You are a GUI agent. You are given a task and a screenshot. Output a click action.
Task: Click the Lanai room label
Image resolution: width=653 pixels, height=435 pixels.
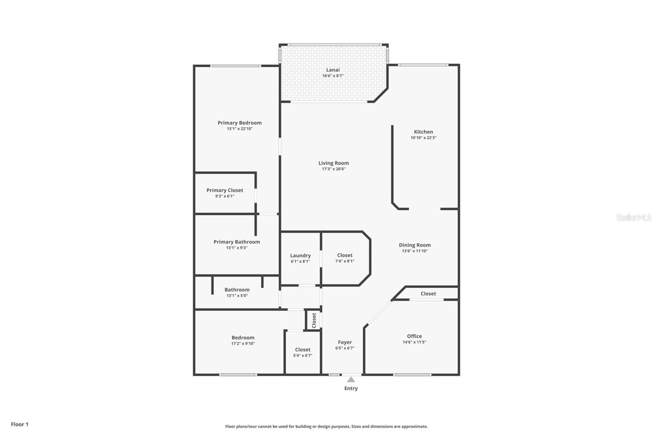(333, 70)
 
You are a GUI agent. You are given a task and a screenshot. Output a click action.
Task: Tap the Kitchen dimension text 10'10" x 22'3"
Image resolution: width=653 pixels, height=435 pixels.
(423, 138)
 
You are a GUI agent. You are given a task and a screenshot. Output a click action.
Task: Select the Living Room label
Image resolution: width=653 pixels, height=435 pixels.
(333, 163)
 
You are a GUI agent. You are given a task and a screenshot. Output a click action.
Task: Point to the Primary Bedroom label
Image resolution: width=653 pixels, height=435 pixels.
(240, 122)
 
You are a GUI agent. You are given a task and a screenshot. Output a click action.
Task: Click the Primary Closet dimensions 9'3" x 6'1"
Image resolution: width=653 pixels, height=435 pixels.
(224, 196)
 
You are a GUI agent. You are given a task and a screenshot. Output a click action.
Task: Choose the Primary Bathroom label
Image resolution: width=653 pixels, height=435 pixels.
(237, 242)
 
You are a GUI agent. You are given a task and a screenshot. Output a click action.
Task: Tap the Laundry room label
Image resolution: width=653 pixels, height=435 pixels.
(300, 255)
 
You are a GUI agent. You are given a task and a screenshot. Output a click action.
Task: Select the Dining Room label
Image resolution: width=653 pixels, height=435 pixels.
(415, 245)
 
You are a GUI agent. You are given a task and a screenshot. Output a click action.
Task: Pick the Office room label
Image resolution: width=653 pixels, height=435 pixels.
(414, 336)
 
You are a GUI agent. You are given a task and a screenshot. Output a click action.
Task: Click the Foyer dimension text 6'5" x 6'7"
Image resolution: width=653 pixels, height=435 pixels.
(345, 348)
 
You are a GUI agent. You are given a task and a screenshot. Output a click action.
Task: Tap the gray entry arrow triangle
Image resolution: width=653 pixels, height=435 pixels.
(351, 380)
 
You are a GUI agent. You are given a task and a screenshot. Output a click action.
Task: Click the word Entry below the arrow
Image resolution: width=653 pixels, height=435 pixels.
(351, 388)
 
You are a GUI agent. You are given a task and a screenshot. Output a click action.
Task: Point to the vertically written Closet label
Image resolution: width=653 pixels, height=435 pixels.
(314, 320)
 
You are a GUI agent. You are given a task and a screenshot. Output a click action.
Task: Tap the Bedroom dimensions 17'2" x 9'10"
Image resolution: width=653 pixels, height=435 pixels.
(243, 344)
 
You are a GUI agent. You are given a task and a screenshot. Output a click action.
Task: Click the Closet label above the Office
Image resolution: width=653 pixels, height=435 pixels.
(428, 293)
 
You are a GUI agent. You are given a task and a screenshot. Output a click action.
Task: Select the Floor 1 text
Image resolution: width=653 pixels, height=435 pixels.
(20, 424)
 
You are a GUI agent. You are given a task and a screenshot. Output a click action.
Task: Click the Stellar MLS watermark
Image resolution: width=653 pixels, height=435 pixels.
(633, 217)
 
